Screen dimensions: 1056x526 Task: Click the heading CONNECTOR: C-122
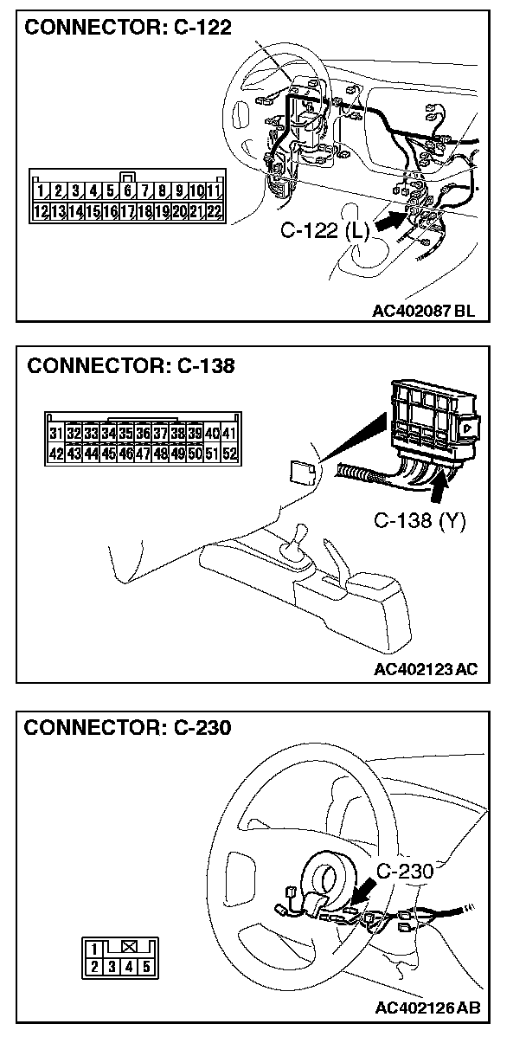click(128, 28)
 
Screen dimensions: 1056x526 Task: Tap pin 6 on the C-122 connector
click(128, 190)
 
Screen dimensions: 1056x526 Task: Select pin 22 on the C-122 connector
click(215, 210)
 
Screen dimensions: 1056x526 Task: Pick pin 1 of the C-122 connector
click(40, 190)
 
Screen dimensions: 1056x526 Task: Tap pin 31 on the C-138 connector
click(56, 433)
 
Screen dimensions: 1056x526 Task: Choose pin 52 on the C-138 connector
click(229, 453)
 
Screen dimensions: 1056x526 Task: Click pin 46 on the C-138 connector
click(125, 453)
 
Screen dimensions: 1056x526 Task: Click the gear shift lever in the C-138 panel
click(299, 544)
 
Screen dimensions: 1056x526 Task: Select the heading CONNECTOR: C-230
click(128, 728)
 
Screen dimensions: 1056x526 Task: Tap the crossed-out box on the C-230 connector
click(130, 948)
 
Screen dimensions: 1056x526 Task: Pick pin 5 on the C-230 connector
click(145, 966)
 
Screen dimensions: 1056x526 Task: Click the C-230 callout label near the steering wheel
click(404, 872)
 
